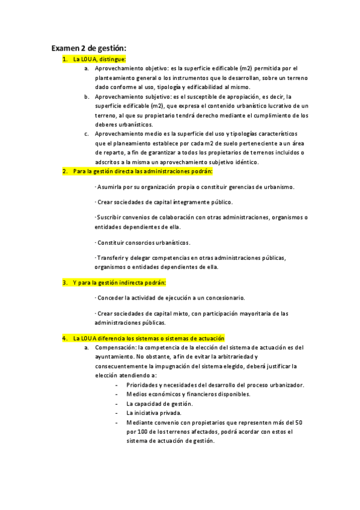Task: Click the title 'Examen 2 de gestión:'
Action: point(88,48)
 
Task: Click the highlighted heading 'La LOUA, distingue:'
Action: point(99,59)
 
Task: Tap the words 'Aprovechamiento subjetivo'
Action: point(131,96)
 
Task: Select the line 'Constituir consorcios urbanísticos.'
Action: point(144,242)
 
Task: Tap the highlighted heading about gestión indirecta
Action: point(120,282)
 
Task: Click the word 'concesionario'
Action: point(226,298)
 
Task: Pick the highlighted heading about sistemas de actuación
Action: point(148,339)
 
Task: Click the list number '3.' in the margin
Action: point(65,282)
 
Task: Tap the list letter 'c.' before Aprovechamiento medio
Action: point(87,133)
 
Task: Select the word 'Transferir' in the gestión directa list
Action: point(111,258)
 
